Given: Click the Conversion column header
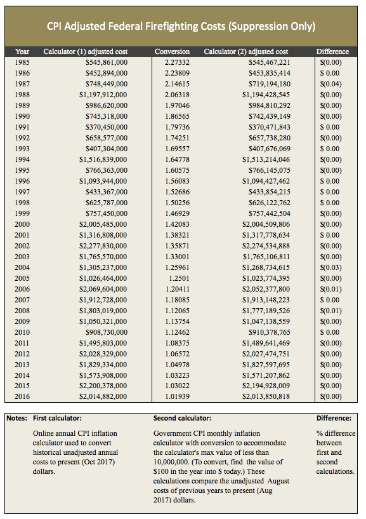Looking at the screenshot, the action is point(172,51).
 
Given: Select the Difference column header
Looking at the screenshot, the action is point(332,51).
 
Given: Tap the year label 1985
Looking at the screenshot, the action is point(22,62).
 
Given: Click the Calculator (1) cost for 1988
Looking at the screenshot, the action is point(103,95).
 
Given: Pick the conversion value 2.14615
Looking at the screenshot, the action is point(177,84).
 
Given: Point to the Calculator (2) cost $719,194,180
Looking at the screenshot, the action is point(269,84).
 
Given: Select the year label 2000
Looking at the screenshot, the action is point(22,224).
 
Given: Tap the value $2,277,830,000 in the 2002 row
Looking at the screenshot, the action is point(103,246).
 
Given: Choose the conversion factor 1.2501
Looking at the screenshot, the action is point(180,278).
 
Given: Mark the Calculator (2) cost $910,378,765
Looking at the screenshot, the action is point(269,332).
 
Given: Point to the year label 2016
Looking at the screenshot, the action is point(22,396).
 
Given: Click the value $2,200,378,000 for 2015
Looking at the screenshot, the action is point(103,386).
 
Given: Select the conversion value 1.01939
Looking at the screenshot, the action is point(177,396).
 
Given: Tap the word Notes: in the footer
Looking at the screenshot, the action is point(17,418).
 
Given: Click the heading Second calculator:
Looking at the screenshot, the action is point(182,418).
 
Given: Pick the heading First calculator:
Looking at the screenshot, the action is point(57,418).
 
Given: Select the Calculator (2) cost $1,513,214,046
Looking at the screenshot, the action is point(266,159).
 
